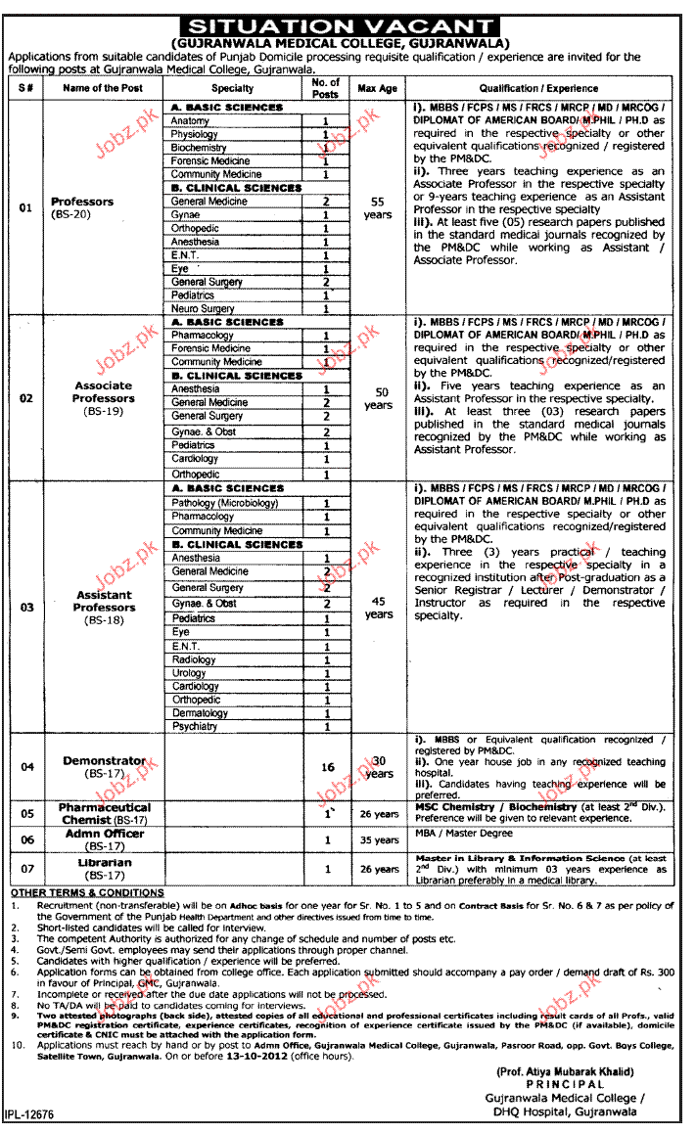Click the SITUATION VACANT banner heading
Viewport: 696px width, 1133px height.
coord(340,27)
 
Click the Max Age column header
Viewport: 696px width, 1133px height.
coord(377,88)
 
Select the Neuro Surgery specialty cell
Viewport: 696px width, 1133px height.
coord(203,308)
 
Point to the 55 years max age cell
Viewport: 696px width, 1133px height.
coord(377,207)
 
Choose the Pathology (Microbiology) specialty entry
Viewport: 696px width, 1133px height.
coord(224,503)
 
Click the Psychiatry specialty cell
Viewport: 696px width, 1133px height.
coord(196,727)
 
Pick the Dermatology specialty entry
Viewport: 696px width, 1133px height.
coord(201,713)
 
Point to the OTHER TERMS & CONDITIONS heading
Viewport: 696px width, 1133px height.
coord(87,892)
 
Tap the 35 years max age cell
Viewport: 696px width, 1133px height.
coord(379,840)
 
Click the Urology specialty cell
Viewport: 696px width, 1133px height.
coord(189,673)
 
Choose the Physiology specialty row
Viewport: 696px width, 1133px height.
coord(194,134)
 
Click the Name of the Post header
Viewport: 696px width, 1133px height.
coord(103,88)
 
